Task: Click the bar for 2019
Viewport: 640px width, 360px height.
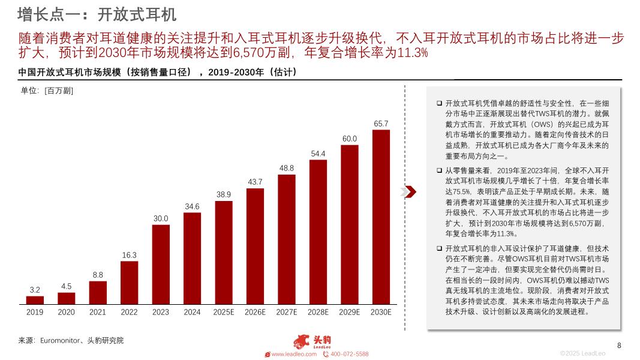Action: pyautogui.click(x=35, y=300)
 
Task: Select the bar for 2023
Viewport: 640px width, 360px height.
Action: pyautogui.click(x=161, y=265)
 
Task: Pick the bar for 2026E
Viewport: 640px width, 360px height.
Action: pyautogui.click(x=255, y=247)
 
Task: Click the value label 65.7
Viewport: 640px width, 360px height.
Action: pyautogui.click(x=381, y=124)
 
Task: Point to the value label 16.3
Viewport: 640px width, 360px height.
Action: pyautogui.click(x=129, y=255)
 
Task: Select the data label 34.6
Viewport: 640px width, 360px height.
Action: pyautogui.click(x=192, y=206)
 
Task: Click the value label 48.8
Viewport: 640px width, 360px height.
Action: pyautogui.click(x=287, y=168)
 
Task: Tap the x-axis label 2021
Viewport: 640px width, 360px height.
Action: pyautogui.click(x=98, y=312)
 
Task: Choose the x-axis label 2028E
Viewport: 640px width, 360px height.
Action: pyautogui.click(x=318, y=312)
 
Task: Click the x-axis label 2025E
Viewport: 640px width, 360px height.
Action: pyautogui.click(x=224, y=312)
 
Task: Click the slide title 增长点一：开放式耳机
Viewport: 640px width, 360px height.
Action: pyautogui.click(x=97, y=13)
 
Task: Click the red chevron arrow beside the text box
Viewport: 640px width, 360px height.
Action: pyautogui.click(x=408, y=191)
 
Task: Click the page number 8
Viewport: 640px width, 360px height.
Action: pyautogui.click(x=619, y=345)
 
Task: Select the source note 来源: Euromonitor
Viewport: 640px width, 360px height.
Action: pyautogui.click(x=71, y=340)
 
